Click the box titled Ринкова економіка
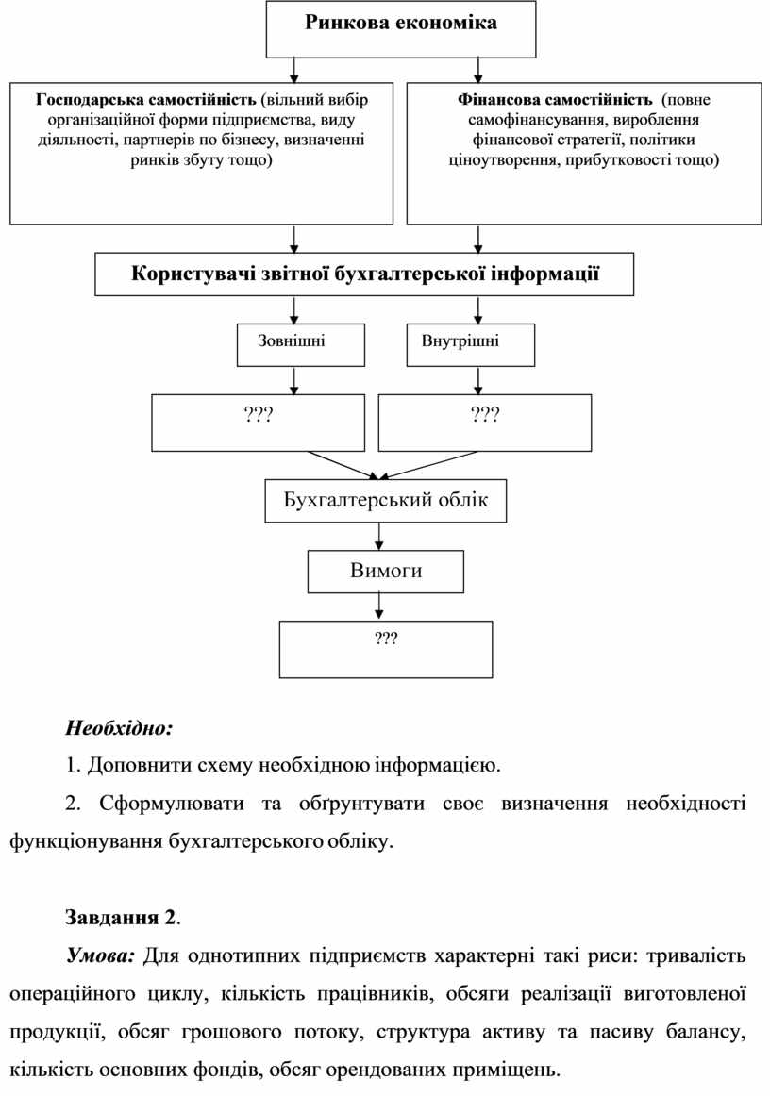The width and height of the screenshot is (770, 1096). coord(401,28)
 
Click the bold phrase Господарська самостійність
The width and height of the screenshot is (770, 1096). coord(146,99)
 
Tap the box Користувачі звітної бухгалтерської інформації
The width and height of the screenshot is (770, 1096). coord(364,274)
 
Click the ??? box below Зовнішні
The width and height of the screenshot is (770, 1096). coord(258,423)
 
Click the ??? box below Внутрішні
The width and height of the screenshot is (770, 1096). coord(485,423)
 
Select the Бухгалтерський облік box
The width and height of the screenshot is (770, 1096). coord(385,500)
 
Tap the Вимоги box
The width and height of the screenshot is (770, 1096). coord(385,571)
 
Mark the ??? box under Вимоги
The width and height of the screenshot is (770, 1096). coord(385,649)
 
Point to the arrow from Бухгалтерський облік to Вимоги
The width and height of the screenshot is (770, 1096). coord(379,536)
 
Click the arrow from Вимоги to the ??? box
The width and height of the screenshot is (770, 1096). coord(379,605)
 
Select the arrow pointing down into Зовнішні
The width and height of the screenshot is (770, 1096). coord(294,310)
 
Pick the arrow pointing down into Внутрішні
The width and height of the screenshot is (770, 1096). coord(478,310)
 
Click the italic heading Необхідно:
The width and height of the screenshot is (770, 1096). coord(119,728)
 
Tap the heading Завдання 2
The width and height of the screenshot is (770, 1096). coord(121,917)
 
